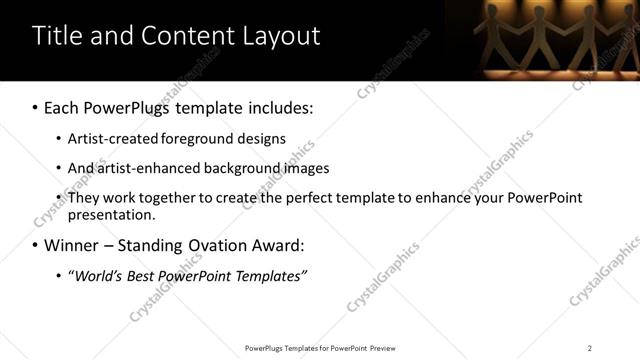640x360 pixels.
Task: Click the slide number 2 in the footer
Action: [x=590, y=348]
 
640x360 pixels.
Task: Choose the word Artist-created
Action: [x=110, y=139]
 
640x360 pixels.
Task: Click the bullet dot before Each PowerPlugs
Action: [x=36, y=107]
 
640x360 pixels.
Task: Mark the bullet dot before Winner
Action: [x=36, y=245]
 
